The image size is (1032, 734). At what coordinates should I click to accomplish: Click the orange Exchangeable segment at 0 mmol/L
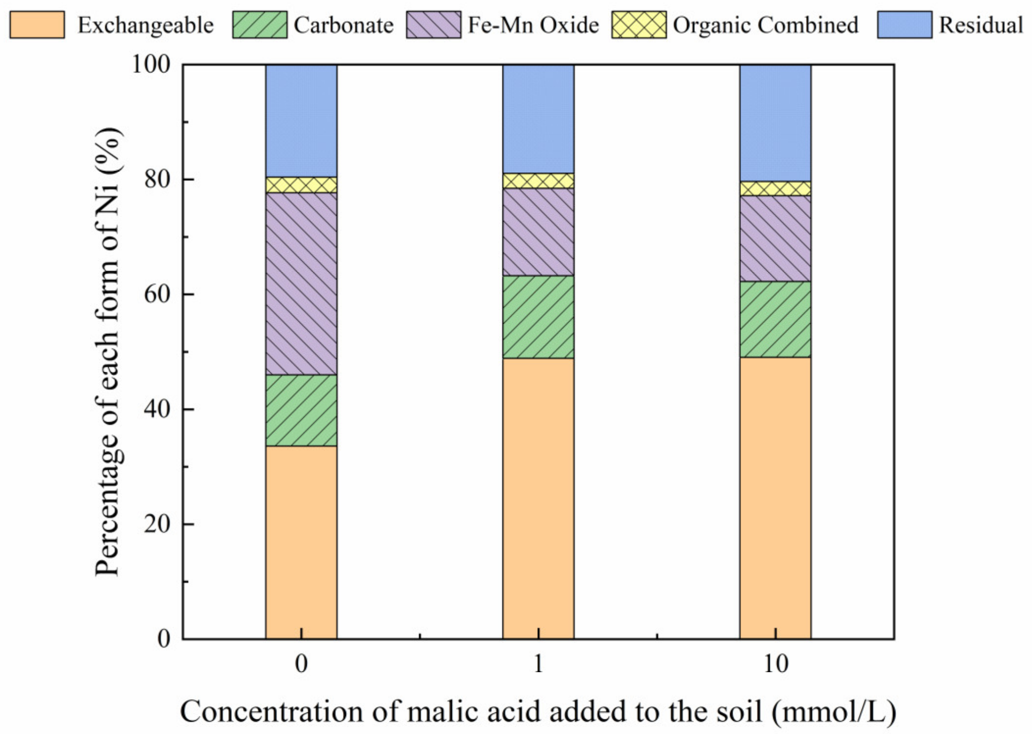(301, 542)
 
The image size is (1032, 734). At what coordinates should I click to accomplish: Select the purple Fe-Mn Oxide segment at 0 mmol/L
(301, 284)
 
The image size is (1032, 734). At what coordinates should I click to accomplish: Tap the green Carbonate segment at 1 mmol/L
(538, 317)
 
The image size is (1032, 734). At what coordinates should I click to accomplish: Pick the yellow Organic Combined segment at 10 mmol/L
(775, 188)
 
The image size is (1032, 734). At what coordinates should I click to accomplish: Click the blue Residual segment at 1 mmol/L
(538, 119)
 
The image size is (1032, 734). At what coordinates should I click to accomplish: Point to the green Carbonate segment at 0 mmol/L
(301, 410)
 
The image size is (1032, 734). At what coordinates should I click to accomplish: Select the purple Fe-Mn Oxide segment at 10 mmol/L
(775, 238)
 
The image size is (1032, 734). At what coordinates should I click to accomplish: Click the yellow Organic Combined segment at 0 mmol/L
(301, 185)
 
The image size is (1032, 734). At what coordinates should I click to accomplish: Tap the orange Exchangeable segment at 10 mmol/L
(775, 498)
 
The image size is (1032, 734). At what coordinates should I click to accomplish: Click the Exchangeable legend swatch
(37, 25)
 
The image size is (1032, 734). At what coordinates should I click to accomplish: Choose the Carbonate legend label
(343, 25)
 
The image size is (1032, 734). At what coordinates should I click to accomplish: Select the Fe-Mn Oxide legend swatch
(433, 25)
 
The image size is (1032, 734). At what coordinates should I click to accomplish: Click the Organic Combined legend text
(765, 25)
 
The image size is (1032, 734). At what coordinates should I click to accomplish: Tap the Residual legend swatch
(904, 25)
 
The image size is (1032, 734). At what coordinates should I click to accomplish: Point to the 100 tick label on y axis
(151, 64)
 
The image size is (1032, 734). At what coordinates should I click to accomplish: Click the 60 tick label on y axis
(157, 294)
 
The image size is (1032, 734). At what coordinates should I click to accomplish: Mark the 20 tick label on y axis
(157, 524)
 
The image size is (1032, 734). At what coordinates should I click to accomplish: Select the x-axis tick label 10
(775, 664)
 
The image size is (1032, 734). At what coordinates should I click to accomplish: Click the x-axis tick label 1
(538, 664)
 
